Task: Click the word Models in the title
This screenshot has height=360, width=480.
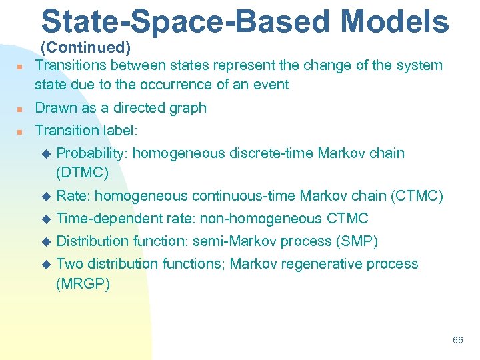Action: click(x=395, y=21)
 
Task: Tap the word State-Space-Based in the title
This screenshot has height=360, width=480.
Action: click(x=185, y=21)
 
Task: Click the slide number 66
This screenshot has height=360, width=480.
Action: click(x=457, y=340)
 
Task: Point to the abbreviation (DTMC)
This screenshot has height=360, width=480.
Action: click(x=83, y=172)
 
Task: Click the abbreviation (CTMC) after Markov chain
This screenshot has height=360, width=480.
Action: click(x=417, y=196)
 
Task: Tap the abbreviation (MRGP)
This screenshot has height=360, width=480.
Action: click(x=83, y=284)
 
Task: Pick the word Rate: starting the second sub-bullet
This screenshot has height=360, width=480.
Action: click(x=74, y=196)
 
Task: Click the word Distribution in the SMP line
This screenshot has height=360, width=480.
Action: click(x=93, y=241)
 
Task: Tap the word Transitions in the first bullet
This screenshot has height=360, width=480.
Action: click(x=71, y=65)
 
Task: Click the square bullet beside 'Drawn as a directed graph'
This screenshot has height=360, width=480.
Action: click(x=21, y=109)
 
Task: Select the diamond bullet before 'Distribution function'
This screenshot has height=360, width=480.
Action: click(x=46, y=242)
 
